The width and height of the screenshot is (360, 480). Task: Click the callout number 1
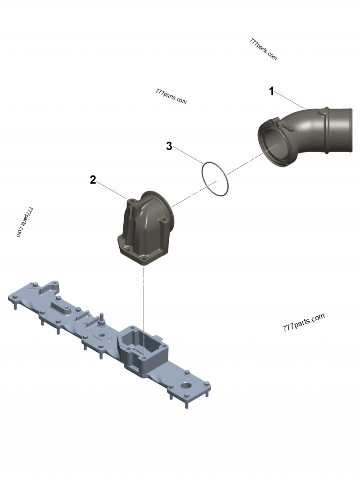click(x=271, y=91)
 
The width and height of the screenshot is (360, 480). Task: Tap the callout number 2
click(x=93, y=180)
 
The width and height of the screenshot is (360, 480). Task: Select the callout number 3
click(x=169, y=146)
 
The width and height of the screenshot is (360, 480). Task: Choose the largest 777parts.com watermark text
click(x=303, y=323)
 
